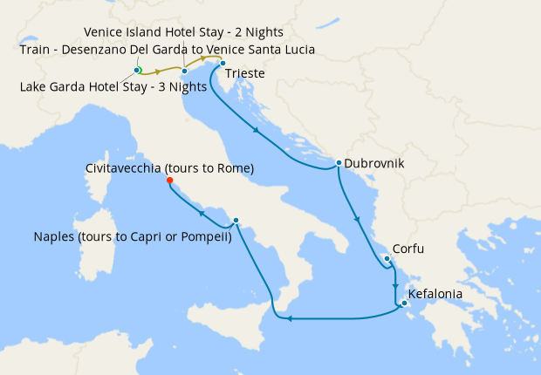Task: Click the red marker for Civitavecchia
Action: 169,182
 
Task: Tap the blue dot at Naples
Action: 236,221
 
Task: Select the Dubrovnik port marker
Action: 338,163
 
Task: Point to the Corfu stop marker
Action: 386,258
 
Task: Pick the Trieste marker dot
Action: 223,63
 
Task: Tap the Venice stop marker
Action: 185,71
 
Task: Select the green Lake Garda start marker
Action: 137,70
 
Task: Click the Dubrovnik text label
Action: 374,163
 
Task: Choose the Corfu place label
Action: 408,249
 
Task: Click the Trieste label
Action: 245,74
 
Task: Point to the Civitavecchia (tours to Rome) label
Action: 170,167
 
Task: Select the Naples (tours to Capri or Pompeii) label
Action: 132,236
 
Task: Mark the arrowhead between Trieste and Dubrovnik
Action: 256,131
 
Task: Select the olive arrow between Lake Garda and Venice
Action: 159,71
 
